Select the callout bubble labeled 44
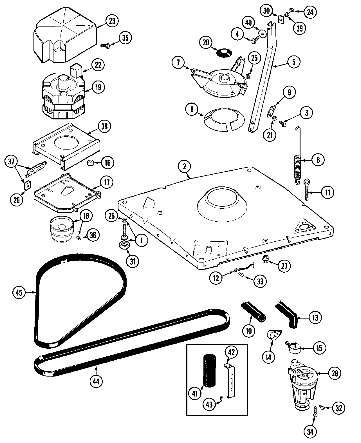(x=96, y=381)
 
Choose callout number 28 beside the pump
(x=335, y=373)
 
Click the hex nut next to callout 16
(x=91, y=163)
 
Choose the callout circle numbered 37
(x=12, y=161)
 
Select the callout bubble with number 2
(x=185, y=167)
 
